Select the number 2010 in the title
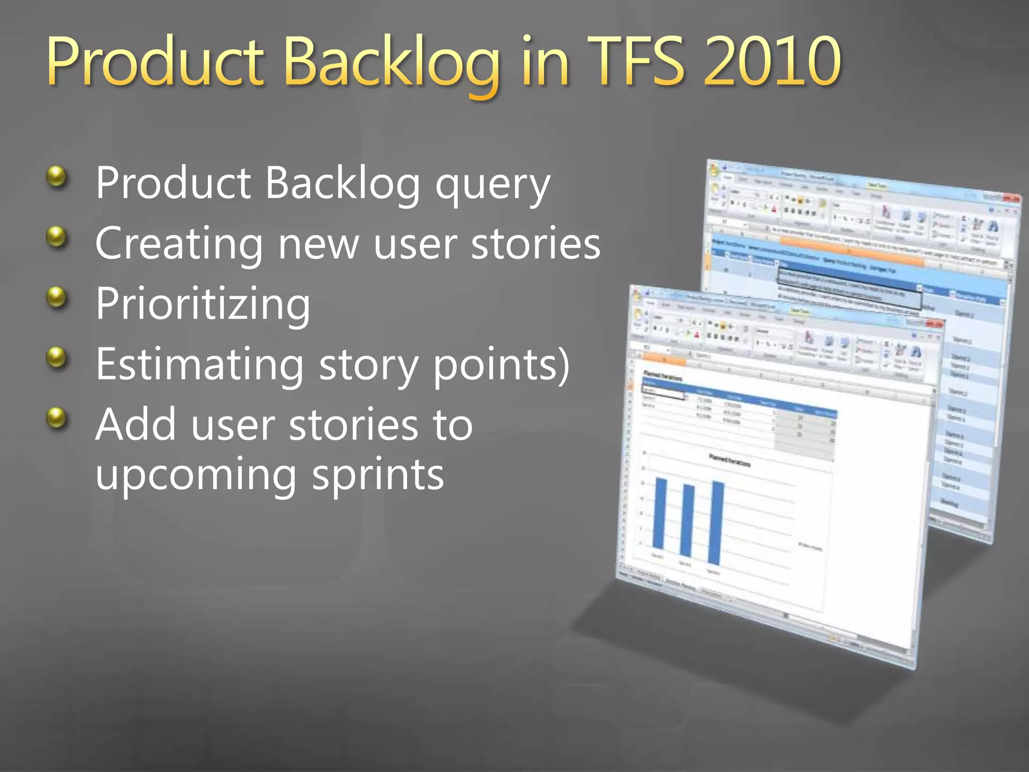[x=771, y=63]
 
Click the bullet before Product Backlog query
[x=57, y=176]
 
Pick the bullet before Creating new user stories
[x=57, y=237]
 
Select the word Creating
[x=178, y=244]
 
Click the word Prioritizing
[x=203, y=305]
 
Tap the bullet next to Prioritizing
[x=57, y=297]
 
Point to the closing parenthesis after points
[x=563, y=365]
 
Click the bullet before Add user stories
[x=57, y=418]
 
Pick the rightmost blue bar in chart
[x=715, y=523]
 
